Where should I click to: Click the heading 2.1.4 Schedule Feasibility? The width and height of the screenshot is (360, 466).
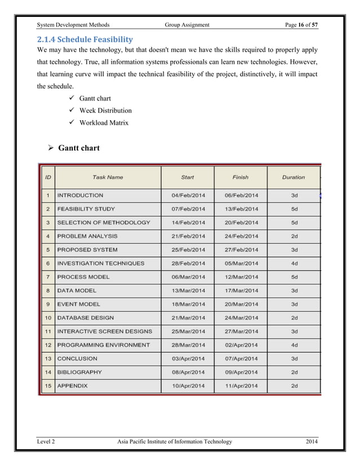pyautogui.click(x=85, y=39)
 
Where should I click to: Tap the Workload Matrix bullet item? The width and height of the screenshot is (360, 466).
pyautogui.click(x=103, y=122)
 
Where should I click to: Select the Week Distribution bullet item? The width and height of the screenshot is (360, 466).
pyautogui.click(x=105, y=111)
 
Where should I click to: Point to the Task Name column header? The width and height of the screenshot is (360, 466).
pyautogui.click(x=107, y=177)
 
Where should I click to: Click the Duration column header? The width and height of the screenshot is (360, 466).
pyautogui.click(x=293, y=177)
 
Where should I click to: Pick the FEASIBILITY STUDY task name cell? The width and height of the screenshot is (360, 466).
pyautogui.click(x=86, y=209)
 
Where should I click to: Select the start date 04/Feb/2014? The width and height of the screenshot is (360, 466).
pyautogui.click(x=188, y=195)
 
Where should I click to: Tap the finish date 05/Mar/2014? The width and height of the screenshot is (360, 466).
pyautogui.click(x=241, y=263)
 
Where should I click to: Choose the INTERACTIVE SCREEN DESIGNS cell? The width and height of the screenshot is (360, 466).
pyautogui.click(x=104, y=331)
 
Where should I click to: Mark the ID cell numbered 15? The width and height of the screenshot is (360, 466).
pyautogui.click(x=48, y=386)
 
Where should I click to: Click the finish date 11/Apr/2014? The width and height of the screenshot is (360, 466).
pyautogui.click(x=241, y=386)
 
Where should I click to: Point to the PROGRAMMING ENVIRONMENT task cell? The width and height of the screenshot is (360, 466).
pyautogui.click(x=103, y=345)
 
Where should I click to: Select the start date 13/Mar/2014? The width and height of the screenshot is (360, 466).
pyautogui.click(x=188, y=291)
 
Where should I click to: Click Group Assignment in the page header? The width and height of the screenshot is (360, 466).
pyautogui.click(x=187, y=25)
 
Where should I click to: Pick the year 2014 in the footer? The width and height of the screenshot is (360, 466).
pyautogui.click(x=310, y=442)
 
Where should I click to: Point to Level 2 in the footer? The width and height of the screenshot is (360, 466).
pyautogui.click(x=46, y=442)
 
